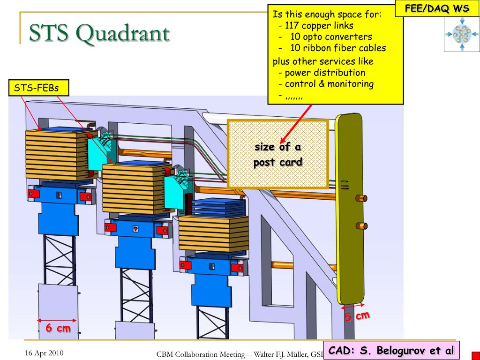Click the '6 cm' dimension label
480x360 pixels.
[58, 329]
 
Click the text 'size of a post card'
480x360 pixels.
[277, 155]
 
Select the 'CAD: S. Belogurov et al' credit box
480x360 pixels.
[391, 350]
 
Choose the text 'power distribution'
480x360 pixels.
[324, 73]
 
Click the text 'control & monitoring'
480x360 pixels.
[329, 84]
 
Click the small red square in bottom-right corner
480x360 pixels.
[475, 355]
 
